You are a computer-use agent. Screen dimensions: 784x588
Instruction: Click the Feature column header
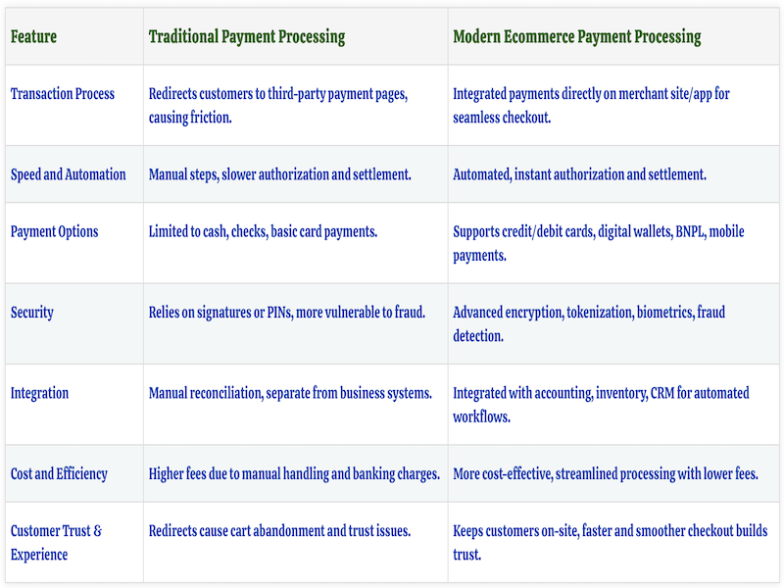click(x=33, y=37)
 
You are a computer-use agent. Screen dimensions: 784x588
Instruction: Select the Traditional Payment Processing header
click(x=247, y=37)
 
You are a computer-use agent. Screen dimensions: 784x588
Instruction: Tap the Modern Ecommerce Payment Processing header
click(x=576, y=37)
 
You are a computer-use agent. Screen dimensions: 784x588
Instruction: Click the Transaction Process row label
click(x=62, y=94)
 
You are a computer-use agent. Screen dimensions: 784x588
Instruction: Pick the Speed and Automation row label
click(x=68, y=174)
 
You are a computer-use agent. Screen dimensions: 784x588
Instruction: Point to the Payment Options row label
click(x=54, y=232)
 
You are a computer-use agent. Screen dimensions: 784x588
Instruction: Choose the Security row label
click(x=31, y=313)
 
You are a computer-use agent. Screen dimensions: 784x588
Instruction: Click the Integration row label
click(x=39, y=393)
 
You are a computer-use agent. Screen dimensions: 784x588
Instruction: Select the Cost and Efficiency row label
click(x=59, y=474)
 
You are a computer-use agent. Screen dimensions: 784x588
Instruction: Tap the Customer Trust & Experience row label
click(x=56, y=543)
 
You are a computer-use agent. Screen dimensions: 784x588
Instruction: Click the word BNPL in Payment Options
click(x=685, y=232)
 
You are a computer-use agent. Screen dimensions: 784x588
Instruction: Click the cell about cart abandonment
click(x=279, y=531)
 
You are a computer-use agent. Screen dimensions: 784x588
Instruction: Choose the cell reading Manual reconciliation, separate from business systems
click(x=290, y=393)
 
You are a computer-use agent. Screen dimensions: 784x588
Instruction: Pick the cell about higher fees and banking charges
click(x=294, y=474)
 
